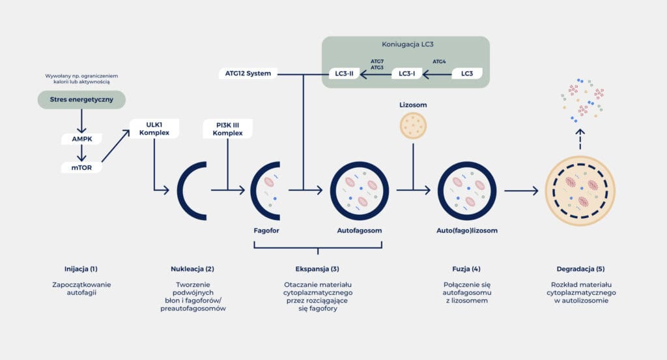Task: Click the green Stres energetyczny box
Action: (81, 100)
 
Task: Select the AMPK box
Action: (81, 139)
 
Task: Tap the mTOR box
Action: (81, 168)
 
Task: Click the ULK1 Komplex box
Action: (154, 128)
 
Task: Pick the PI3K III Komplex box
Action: (227, 128)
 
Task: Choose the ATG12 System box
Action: (248, 74)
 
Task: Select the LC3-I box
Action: (406, 74)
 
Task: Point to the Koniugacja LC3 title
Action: (405, 44)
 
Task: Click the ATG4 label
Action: (439, 61)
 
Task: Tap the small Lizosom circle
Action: (412, 125)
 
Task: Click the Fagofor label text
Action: (266, 230)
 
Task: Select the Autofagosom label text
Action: (359, 230)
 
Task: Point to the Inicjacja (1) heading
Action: (81, 268)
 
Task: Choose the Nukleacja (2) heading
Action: (191, 268)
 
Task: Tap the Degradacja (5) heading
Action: (580, 268)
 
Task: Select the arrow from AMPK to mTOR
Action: (81, 154)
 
